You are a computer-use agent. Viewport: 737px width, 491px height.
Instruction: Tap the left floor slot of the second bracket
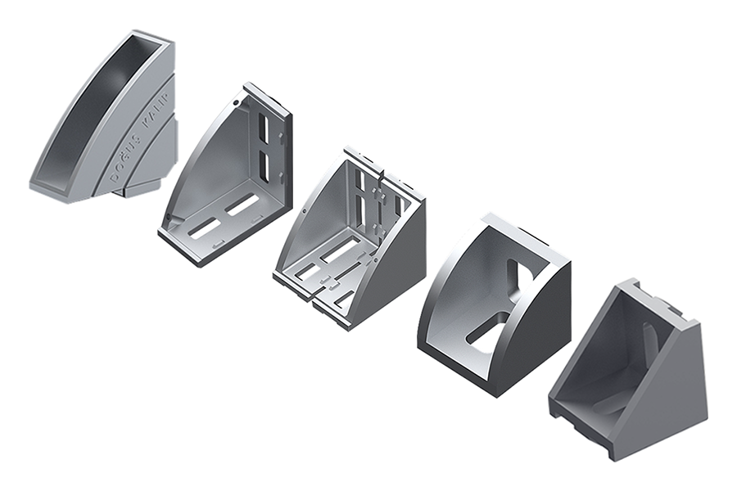tap(205, 227)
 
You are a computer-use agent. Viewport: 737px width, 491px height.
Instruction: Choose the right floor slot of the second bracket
tap(242, 205)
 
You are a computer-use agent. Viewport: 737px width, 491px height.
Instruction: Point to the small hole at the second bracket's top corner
tap(236, 103)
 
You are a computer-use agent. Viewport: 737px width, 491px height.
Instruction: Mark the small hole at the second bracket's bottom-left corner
tap(168, 217)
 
